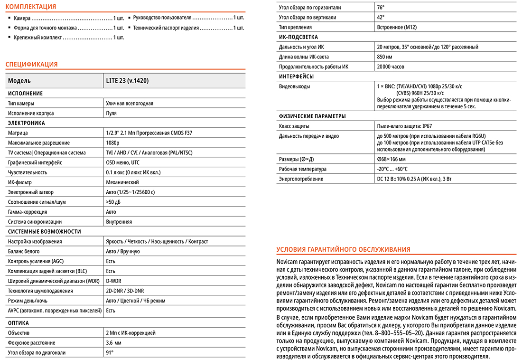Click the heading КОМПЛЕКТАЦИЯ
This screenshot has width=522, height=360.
click(x=31, y=7)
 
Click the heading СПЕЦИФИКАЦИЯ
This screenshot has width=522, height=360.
click(x=31, y=65)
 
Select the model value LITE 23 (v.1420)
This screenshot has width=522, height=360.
click(x=127, y=81)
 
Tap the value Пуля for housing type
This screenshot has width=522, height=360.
click(x=111, y=114)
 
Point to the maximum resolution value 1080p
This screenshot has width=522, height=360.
click(x=113, y=143)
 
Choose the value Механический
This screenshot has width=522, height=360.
click(x=122, y=182)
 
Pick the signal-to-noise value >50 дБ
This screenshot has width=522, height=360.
click(x=114, y=202)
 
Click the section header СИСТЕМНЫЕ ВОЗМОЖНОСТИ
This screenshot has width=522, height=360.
click(x=45, y=232)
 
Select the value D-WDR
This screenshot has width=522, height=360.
click(x=114, y=281)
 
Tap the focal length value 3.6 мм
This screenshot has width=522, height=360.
click(x=113, y=343)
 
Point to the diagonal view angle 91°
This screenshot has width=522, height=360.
click(x=110, y=353)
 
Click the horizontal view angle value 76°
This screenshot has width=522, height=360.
click(x=380, y=8)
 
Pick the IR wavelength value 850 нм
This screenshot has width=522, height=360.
click(x=385, y=57)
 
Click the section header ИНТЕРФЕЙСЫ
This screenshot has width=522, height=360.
click(x=296, y=77)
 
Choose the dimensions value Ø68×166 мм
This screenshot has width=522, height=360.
click(x=391, y=159)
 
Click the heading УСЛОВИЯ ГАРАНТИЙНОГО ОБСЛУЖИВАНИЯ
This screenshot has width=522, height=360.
click(x=344, y=250)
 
